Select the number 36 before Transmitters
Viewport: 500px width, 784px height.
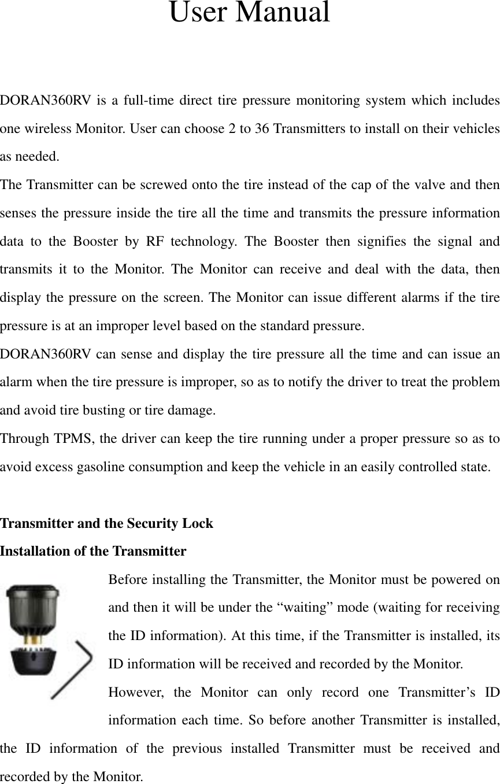click(x=261, y=128)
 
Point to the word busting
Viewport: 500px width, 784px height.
click(x=92, y=411)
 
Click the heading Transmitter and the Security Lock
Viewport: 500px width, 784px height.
click(x=106, y=524)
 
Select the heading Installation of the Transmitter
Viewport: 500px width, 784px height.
click(x=93, y=552)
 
